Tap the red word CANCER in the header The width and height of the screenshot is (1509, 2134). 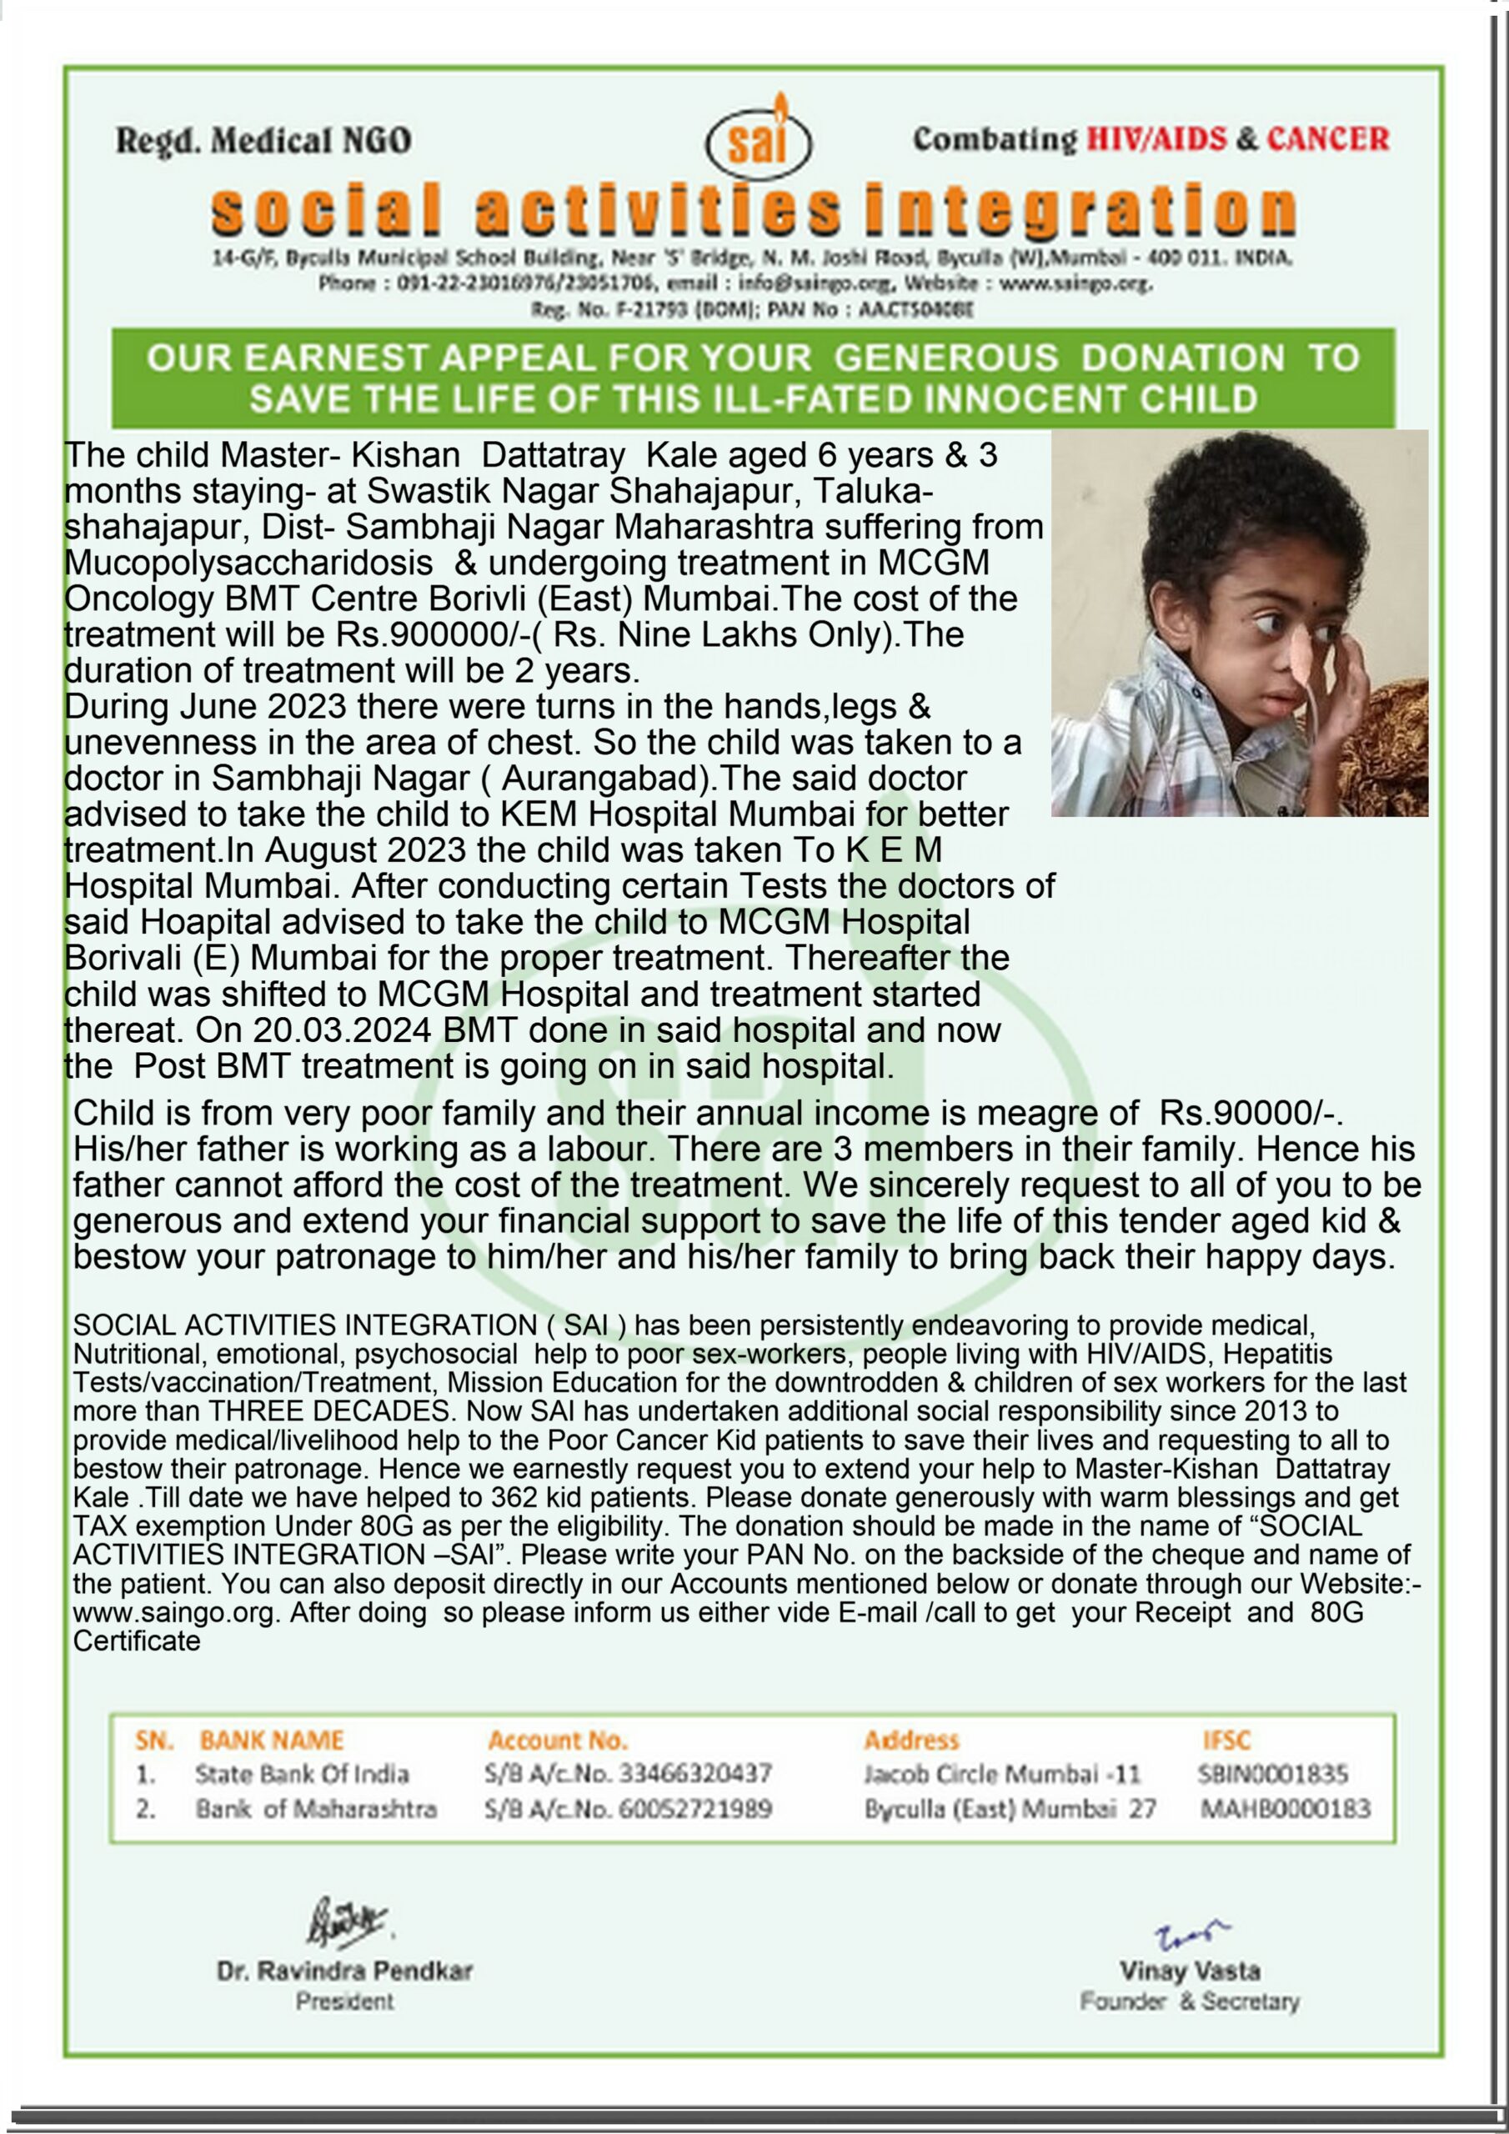[1328, 138]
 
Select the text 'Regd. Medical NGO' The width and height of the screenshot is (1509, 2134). [263, 140]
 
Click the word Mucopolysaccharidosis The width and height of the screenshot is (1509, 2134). [248, 563]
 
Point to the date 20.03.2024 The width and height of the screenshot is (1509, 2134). [341, 1029]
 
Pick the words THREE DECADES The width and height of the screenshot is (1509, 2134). [330, 1411]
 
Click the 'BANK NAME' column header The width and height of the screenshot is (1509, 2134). [272, 1740]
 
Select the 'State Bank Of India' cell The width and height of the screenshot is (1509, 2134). [302, 1775]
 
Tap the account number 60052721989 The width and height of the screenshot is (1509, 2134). [696, 1810]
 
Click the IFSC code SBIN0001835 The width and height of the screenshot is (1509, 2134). [1273, 1775]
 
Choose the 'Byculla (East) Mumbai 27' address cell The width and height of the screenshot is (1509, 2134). [1010, 1810]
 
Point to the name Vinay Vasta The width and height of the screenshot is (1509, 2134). [1189, 1971]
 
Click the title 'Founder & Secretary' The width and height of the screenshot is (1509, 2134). [1189, 2001]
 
